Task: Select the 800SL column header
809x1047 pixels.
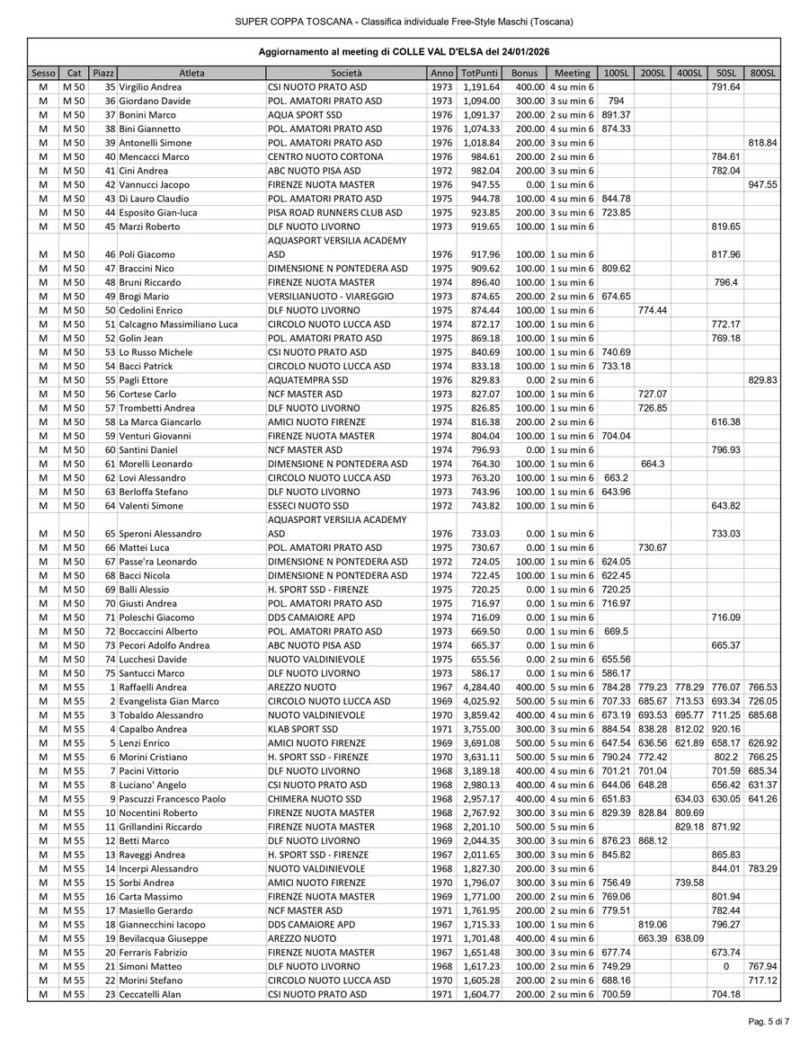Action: click(x=762, y=72)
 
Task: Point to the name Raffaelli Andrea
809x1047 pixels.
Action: click(x=154, y=688)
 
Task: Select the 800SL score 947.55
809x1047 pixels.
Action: click(x=762, y=184)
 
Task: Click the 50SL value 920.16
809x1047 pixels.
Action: click(x=725, y=729)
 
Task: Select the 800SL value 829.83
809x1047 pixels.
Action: click(x=762, y=379)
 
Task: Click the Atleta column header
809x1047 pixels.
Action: click(x=191, y=72)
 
